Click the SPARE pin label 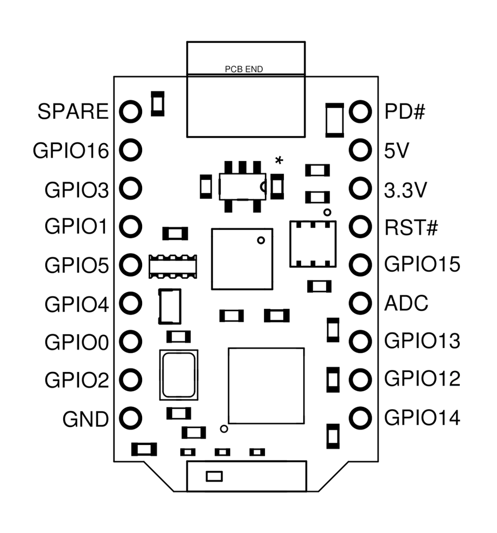73,111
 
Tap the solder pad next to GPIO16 131,150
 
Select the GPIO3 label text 77,189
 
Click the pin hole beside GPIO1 131,226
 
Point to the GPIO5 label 77,265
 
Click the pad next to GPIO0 131,342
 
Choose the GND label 85,420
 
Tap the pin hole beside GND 131,418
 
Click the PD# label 405,111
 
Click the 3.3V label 405,189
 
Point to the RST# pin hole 360,227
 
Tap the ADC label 406,303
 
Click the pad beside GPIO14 360,418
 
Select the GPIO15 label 422,265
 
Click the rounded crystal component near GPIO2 178,375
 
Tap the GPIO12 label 422,379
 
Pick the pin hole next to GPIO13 360,342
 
